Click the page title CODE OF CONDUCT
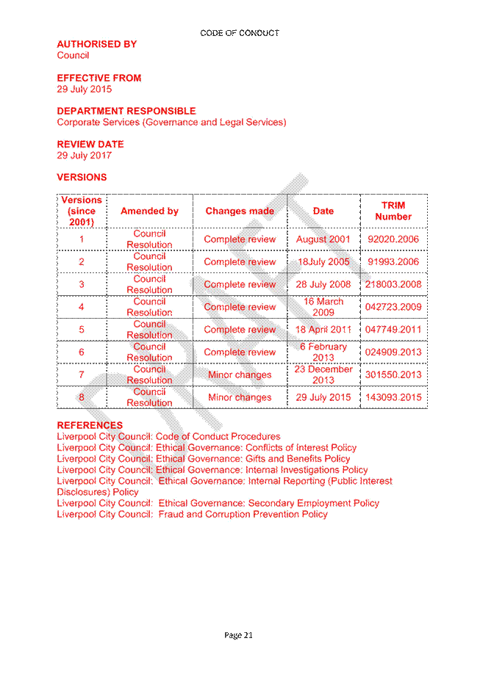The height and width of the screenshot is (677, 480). click(240, 33)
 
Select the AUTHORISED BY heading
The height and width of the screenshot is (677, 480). click(97, 44)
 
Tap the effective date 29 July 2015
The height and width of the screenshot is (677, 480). click(85, 90)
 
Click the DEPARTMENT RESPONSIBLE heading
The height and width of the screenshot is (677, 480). click(126, 111)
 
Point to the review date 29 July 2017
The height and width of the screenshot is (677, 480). click(85, 156)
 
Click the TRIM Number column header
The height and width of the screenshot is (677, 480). click(393, 211)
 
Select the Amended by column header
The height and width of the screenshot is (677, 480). click(149, 211)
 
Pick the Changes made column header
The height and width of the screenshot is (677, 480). click(240, 211)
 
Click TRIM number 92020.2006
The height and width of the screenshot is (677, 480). click(393, 239)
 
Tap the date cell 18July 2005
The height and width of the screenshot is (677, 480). click(323, 261)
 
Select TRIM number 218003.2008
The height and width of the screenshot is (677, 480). click(393, 284)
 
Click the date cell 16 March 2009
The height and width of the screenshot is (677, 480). click(323, 307)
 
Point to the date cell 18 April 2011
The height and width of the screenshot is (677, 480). click(323, 330)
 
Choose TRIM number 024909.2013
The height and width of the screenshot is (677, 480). click(393, 352)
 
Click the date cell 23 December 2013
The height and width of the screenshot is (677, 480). click(323, 374)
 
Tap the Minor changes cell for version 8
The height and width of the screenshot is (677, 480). click(240, 398)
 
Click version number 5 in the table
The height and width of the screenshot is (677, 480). click(81, 330)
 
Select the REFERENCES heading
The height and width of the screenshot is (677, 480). click(90, 425)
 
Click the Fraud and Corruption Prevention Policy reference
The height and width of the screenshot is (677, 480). click(243, 514)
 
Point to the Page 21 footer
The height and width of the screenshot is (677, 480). click(238, 635)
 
